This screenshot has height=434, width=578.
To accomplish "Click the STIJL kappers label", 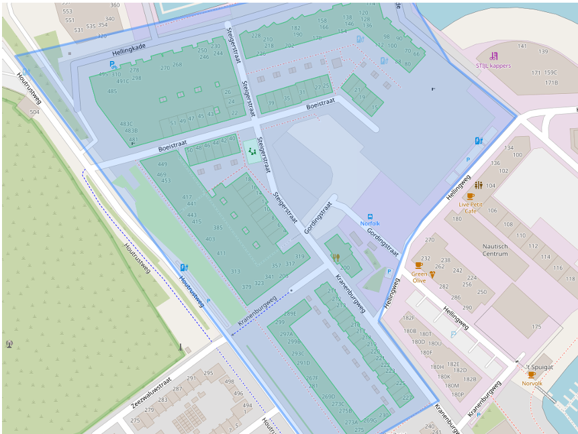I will [493, 66].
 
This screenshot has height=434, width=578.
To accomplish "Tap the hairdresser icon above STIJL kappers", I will [494, 56].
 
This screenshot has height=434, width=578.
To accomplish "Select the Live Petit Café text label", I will [470, 207].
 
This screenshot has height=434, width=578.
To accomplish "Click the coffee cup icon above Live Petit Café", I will [470, 196].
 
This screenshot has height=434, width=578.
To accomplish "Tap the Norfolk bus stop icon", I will [370, 216].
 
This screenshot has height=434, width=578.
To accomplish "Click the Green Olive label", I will [419, 277].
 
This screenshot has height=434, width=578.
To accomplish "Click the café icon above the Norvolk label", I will [531, 375].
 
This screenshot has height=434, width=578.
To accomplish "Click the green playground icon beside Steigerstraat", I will [252, 152].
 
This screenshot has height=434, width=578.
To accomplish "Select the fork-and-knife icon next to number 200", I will [336, 257].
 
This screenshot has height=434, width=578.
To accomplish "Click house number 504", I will [34, 112].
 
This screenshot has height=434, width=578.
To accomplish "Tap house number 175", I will [536, 327].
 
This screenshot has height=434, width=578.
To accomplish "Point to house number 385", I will [218, 228].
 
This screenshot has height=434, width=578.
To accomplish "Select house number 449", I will [162, 164].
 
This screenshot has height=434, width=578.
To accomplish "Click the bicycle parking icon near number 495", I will [113, 65].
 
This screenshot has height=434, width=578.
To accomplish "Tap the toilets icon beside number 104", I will [478, 185].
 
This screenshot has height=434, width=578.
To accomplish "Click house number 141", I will [522, 46].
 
